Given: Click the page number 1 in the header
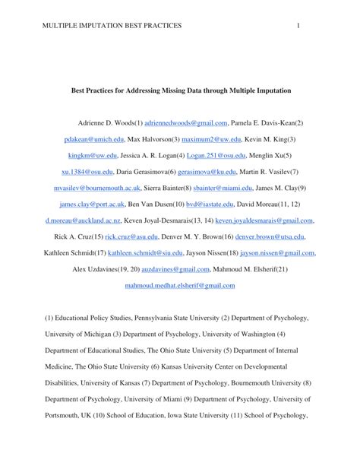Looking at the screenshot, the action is point(299,27).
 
